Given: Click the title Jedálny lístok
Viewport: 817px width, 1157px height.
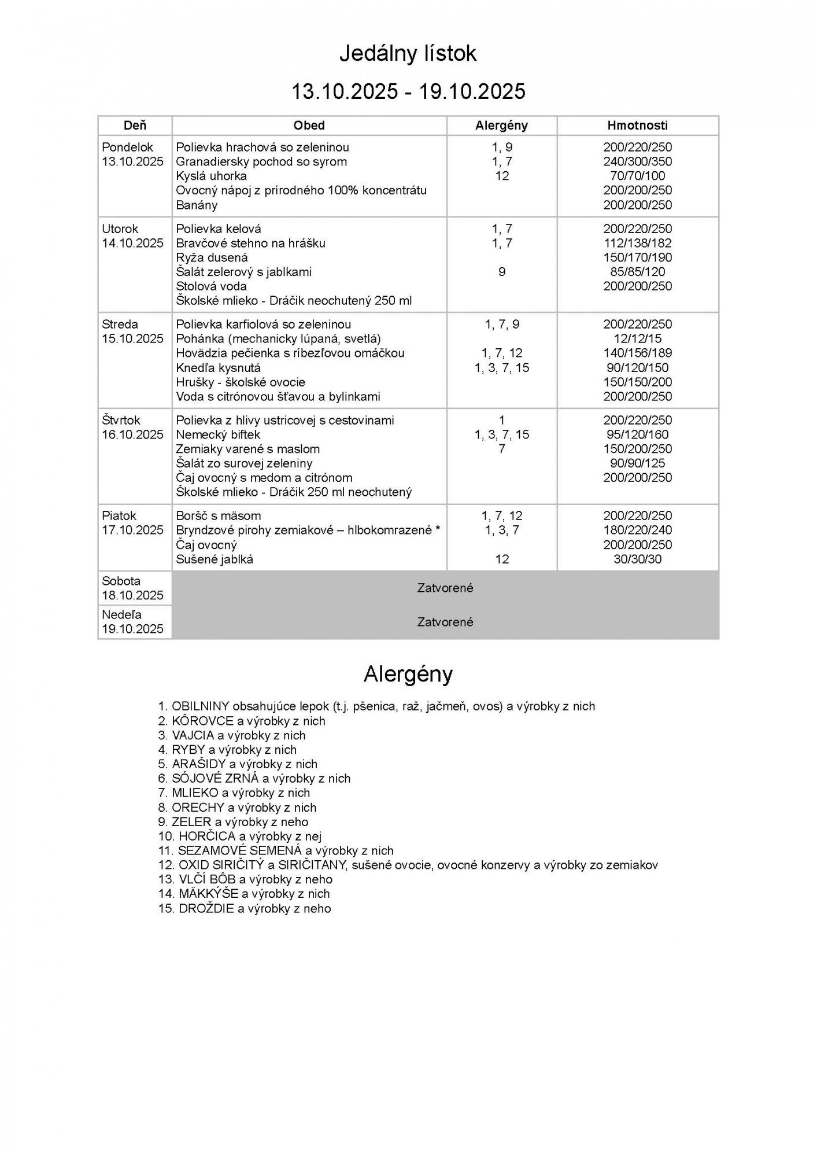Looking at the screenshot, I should coord(408,54).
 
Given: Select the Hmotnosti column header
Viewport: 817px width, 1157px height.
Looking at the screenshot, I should coord(637,126).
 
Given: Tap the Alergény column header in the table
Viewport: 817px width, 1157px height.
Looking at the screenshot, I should coord(501,126).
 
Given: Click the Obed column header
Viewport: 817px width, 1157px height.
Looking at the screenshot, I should coord(309,126).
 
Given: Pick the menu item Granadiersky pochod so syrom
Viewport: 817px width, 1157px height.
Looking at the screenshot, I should coord(261,162).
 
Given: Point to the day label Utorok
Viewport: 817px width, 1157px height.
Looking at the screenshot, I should coord(120,229).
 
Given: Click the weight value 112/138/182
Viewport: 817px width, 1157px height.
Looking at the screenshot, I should coord(637,244).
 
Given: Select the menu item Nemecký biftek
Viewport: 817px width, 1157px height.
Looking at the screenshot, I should coord(218,435).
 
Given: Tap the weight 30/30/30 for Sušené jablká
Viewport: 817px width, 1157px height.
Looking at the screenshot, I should coord(637,559).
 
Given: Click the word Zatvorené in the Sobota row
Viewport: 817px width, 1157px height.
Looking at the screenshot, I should coord(445,588).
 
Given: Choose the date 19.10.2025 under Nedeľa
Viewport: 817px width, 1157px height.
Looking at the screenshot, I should coord(133,629).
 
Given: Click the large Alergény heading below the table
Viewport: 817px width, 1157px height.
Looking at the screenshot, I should coord(408,675).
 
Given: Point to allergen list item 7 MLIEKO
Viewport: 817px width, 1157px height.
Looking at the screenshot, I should coord(234,793).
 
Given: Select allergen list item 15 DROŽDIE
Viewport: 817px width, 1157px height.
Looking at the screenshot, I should coord(245,909).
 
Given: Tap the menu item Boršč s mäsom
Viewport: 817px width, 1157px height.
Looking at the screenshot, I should coord(218,516).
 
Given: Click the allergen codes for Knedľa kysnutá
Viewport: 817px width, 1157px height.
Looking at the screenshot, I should coord(501,368).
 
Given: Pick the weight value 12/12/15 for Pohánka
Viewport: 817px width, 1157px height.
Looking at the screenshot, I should coord(637,339).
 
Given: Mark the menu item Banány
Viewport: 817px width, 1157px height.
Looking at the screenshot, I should coord(197,205).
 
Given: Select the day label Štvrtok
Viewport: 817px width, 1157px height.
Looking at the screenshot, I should coord(121,421).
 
